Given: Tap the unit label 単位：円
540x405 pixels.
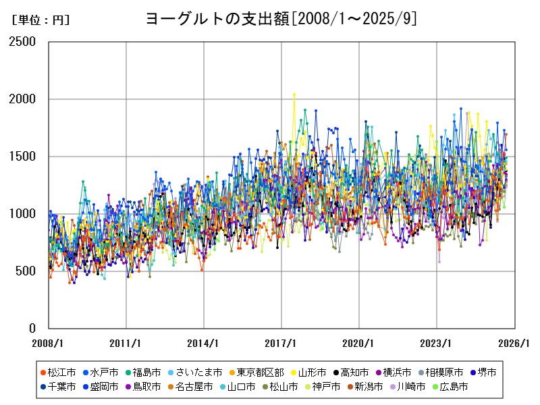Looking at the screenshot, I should coord(40,20).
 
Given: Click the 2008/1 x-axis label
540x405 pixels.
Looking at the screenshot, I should coord(49,343).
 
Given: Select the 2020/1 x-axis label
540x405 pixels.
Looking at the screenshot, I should coord(359,343).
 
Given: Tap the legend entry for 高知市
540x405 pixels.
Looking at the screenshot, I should coord(354,372).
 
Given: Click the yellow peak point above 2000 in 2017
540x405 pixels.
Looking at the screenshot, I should coord(294,94).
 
